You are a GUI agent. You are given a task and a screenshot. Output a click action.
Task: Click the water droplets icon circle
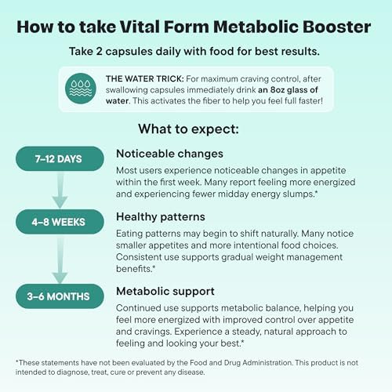(81, 89)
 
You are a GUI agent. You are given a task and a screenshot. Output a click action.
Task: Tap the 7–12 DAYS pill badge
(60, 158)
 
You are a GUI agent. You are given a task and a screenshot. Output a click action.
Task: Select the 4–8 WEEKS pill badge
(60, 222)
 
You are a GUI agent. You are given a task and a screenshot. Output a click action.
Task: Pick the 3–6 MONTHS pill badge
(60, 296)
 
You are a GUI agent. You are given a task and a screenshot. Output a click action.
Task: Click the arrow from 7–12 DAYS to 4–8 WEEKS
(60, 190)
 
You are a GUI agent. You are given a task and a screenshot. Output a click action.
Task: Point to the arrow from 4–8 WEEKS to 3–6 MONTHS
(60, 259)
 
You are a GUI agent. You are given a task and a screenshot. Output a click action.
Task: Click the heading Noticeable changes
(169, 154)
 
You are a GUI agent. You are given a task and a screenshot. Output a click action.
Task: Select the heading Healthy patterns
(161, 217)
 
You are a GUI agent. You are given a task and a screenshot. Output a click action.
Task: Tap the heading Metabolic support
(165, 292)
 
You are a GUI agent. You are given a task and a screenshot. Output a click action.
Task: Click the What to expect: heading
(188, 129)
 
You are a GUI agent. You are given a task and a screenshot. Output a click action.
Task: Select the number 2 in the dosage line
(99, 51)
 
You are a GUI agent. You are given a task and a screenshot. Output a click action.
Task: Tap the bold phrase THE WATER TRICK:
(145, 78)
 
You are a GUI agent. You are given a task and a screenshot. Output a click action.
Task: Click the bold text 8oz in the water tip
(278, 89)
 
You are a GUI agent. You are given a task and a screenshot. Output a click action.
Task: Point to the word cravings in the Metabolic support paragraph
(156, 332)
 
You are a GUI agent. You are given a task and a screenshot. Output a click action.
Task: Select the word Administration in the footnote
(267, 363)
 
